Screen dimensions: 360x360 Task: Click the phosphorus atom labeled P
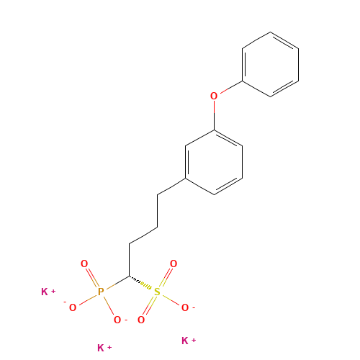coord(101,292)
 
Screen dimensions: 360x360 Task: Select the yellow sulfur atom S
coord(157,292)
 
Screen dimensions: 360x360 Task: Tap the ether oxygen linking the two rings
coord(214,96)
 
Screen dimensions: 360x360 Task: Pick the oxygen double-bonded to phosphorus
coord(84,264)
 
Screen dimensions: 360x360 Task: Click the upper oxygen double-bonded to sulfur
coord(174,264)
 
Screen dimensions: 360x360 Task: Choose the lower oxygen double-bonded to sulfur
coord(141,320)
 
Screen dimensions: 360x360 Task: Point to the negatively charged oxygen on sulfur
coord(185,307)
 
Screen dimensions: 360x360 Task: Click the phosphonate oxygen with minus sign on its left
coord(73,307)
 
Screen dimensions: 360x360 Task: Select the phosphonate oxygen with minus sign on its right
coord(117,320)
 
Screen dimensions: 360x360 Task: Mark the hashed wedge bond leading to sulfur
coord(140,282)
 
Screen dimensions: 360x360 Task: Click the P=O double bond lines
coord(92,277)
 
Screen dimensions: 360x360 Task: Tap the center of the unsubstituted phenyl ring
coord(271,65)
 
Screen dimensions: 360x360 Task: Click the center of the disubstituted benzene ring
coord(214,162)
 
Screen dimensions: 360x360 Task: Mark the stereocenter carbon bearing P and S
coord(130,276)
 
